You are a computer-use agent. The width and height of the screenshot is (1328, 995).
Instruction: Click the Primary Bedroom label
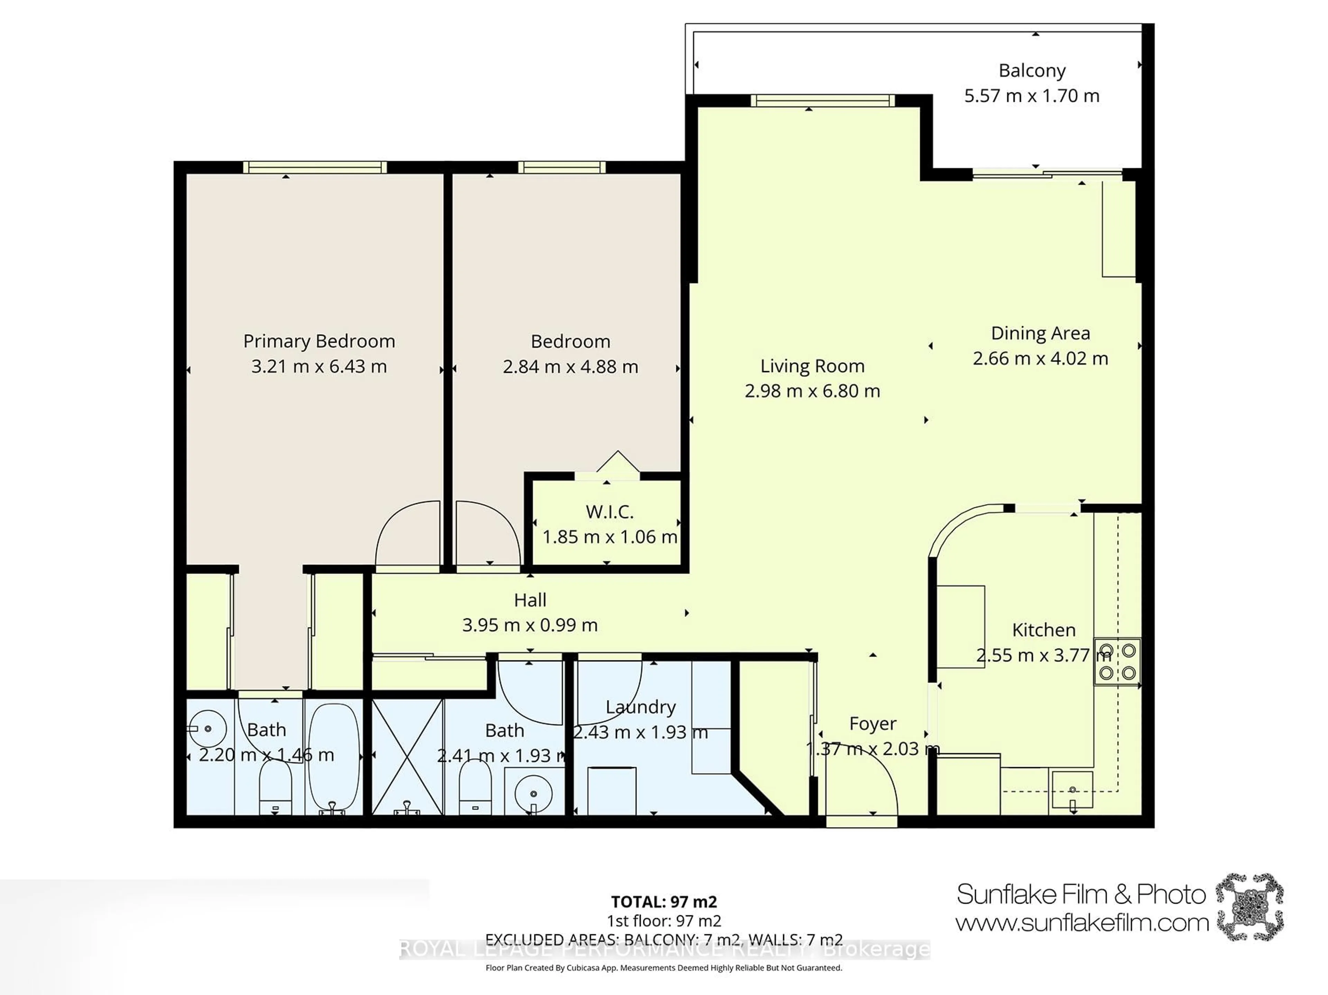tap(319, 341)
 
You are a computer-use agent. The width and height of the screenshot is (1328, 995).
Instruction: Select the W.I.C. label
tap(609, 512)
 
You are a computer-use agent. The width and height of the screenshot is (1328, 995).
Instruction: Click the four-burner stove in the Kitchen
tap(1117, 661)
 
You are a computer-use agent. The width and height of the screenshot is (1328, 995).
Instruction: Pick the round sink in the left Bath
tap(208, 729)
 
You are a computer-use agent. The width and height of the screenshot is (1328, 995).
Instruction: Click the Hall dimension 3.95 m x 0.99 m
tap(529, 625)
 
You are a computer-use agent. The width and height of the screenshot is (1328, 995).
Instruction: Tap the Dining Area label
tap(1040, 333)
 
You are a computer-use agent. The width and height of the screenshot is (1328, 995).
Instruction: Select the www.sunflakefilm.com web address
tap(1082, 922)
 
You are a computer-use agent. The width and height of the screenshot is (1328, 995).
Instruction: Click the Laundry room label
tap(640, 707)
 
